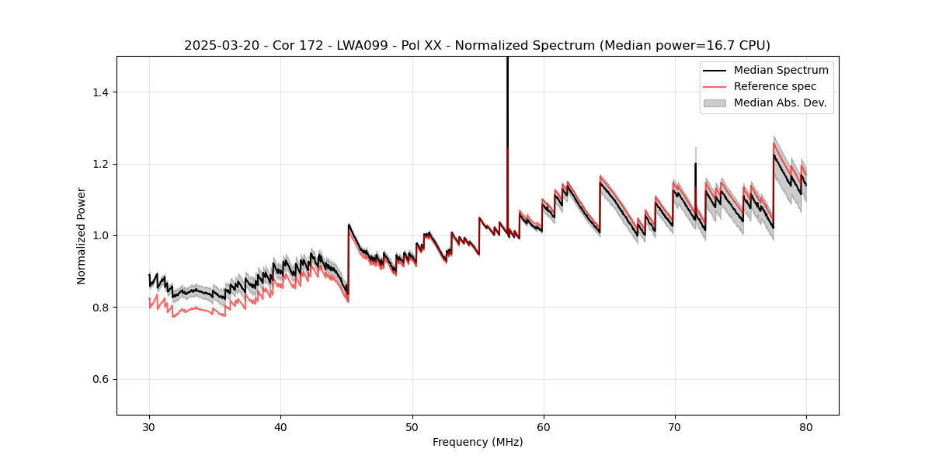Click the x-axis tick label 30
(149, 426)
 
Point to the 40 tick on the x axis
(280, 426)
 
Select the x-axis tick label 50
(412, 426)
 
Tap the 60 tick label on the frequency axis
(543, 426)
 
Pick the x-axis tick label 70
(674, 426)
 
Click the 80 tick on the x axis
(805, 426)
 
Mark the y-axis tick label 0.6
(102, 379)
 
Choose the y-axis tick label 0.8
(102, 308)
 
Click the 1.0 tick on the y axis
(102, 235)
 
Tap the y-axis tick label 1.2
(102, 164)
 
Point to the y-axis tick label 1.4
(102, 92)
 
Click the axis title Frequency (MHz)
(478, 442)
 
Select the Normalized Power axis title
(81, 235)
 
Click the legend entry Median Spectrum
(781, 70)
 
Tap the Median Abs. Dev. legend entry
(780, 103)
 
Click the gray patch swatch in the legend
(715, 103)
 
